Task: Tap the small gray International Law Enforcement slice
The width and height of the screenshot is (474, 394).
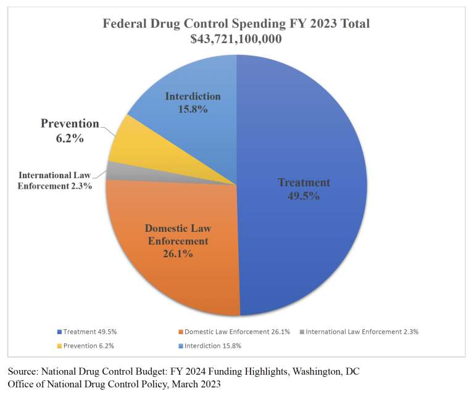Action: coord(113,171)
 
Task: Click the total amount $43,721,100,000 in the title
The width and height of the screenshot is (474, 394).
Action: coord(236,39)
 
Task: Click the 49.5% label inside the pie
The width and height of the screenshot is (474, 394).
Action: coord(304,195)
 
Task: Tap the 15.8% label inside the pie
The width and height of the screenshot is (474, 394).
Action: coord(193,109)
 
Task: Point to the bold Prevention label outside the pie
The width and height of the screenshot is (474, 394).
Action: coord(70,123)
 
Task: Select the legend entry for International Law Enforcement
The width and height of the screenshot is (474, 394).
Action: coord(362,332)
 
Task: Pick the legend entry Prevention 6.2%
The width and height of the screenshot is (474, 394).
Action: coord(85,345)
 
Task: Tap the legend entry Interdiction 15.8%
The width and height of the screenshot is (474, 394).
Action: coord(210,345)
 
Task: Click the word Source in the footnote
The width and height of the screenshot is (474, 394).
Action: coord(23,372)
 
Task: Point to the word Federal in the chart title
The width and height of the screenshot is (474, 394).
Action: coord(123,24)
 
